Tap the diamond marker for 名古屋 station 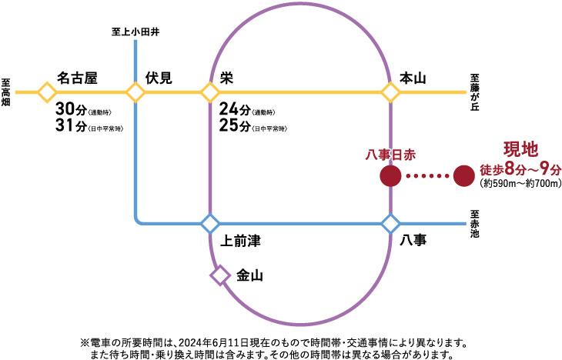tap(47, 93)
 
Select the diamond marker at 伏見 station tap(135, 93)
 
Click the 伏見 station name tap(159, 77)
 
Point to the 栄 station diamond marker tap(210, 93)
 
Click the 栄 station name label tap(226, 77)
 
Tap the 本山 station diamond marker tap(391, 93)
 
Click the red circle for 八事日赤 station tap(391, 176)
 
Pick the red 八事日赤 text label tap(392, 155)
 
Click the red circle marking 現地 tap(464, 176)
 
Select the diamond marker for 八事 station tap(391, 224)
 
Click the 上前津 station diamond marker tap(210, 224)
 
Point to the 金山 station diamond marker tap(221, 275)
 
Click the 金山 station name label tap(250, 275)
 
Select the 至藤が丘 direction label tap(475, 93)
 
